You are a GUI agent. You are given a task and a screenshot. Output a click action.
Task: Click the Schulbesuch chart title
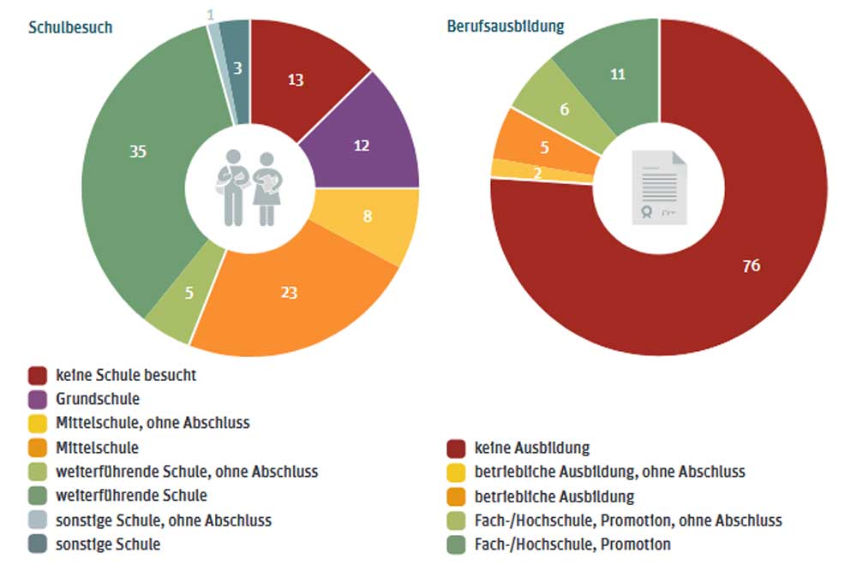tap(70, 27)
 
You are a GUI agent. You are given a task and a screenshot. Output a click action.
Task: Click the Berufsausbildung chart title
tap(505, 26)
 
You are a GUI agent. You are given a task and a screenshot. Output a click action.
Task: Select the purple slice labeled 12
tap(362, 146)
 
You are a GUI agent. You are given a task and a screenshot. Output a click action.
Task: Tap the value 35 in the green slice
tap(137, 152)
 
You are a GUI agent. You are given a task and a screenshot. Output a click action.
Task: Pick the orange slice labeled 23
tap(289, 292)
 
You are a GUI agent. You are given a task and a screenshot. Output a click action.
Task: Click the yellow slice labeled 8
tap(367, 217)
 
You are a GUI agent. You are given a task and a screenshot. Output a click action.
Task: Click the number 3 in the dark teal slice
tap(238, 68)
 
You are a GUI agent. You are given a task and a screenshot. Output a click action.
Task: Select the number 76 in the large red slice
tap(751, 265)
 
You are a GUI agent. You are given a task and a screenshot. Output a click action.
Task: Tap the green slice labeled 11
tap(618, 74)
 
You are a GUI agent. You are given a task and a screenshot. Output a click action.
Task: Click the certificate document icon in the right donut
tap(659, 187)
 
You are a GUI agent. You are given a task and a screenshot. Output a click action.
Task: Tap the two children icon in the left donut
tap(249, 187)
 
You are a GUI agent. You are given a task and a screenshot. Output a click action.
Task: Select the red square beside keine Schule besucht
tap(37, 375)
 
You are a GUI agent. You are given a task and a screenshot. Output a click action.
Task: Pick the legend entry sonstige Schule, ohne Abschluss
tap(163, 520)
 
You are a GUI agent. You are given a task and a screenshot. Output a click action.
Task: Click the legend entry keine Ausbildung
tap(531, 447)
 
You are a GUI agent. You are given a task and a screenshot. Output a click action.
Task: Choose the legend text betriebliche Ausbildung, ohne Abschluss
tap(609, 472)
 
